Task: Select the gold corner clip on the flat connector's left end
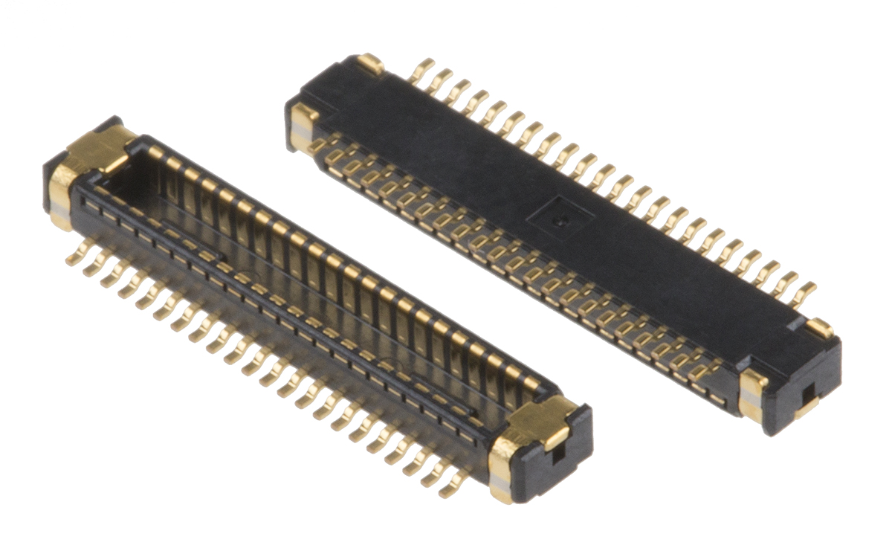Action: point(303,119)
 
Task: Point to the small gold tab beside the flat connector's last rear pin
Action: point(819,327)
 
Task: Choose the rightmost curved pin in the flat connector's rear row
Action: point(804,294)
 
